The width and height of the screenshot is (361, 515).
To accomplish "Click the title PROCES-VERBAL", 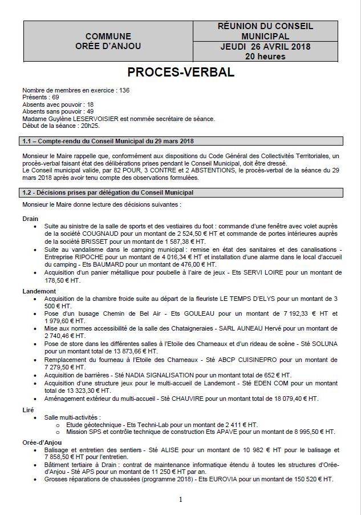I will (x=180, y=73).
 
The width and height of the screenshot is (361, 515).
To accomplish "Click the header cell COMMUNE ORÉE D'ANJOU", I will (x=108, y=41).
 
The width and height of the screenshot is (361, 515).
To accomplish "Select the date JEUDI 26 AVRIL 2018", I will (x=265, y=46).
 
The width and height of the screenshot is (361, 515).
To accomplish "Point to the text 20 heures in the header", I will (x=265, y=56).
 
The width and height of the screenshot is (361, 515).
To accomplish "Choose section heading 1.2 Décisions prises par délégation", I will (x=108, y=192).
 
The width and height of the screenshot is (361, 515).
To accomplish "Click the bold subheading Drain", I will (x=30, y=219).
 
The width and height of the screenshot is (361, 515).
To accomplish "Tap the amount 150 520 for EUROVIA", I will (x=310, y=480).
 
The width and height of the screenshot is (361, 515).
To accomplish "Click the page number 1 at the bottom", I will (x=180, y=500).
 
